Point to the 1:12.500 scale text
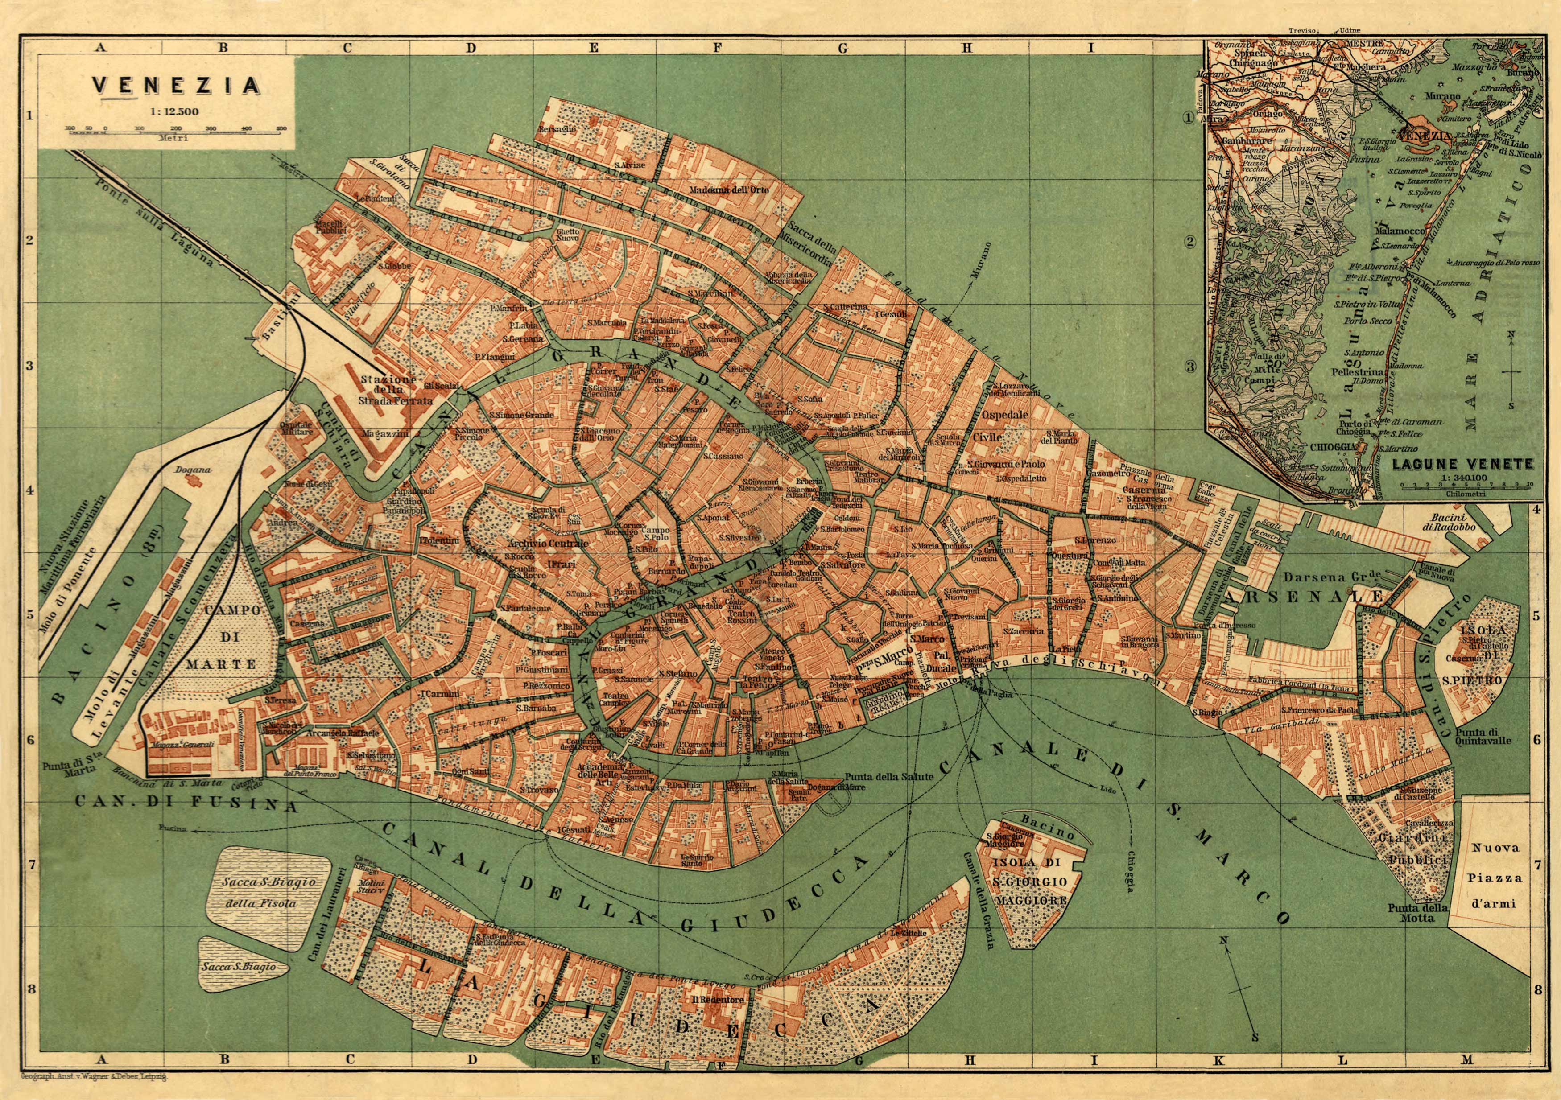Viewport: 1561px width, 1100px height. click(175, 111)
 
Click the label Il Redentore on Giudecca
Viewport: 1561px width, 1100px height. click(720, 1000)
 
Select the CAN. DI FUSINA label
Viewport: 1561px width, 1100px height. click(186, 803)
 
